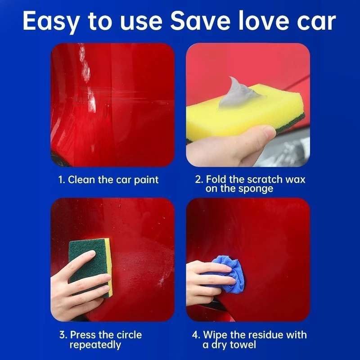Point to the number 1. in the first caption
[x=62, y=180]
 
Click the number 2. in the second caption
[x=199, y=179]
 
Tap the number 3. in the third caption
[x=63, y=335]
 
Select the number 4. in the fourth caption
[x=196, y=335]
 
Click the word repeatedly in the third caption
[x=95, y=345]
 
